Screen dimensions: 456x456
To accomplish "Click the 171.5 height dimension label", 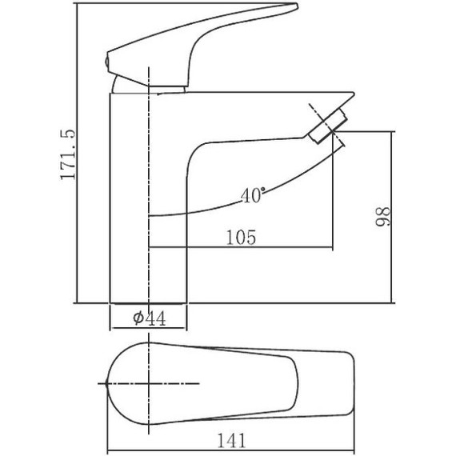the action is (68, 154).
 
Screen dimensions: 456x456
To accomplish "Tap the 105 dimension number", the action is (241, 238).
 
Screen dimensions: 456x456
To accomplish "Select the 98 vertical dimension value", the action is (382, 216).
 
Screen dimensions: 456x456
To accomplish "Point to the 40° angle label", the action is (253, 194).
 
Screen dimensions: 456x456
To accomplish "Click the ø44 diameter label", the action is (150, 318).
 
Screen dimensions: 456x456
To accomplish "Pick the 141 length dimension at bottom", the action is (232, 440).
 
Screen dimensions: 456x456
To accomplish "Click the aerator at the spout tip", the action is (328, 126).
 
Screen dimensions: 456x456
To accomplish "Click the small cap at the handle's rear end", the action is (106, 62).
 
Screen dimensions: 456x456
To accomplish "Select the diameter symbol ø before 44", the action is (138, 318).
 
